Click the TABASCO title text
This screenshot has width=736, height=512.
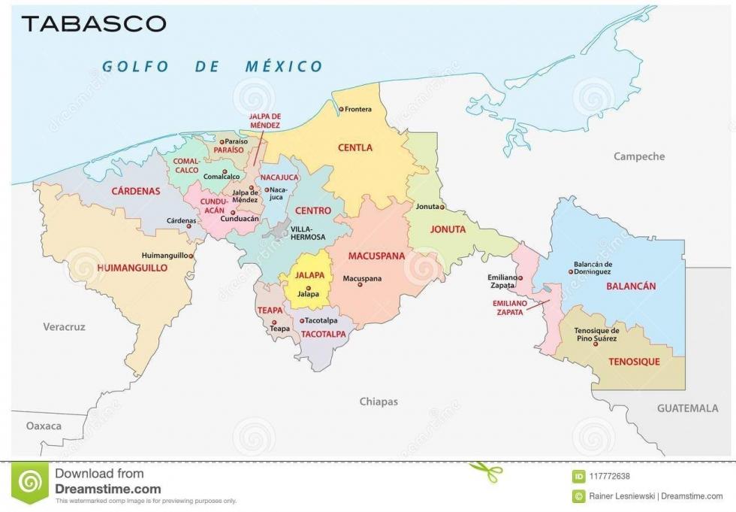click(94, 23)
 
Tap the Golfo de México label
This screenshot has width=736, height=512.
click(213, 66)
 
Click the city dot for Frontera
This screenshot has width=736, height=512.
click(341, 110)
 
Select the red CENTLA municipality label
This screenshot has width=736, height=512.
click(354, 148)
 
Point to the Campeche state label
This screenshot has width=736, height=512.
click(639, 156)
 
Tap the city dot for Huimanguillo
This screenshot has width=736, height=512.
click(192, 256)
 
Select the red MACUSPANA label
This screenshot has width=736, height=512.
click(376, 256)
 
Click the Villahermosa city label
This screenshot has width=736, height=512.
click(308, 232)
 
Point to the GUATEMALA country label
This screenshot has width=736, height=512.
click(687, 408)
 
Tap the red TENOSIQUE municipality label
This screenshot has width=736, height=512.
click(634, 362)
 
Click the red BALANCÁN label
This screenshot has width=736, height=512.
click(631, 286)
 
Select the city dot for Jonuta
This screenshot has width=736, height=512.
click(442, 207)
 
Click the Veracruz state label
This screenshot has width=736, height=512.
click(64, 327)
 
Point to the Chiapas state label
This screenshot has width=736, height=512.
click(379, 401)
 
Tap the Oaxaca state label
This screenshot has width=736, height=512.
click(44, 426)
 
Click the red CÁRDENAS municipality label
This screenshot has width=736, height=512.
click(136, 191)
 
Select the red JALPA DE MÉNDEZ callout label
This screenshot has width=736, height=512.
click(266, 121)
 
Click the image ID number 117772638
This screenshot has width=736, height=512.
click(609, 476)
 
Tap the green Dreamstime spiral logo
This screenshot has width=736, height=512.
click(31, 481)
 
